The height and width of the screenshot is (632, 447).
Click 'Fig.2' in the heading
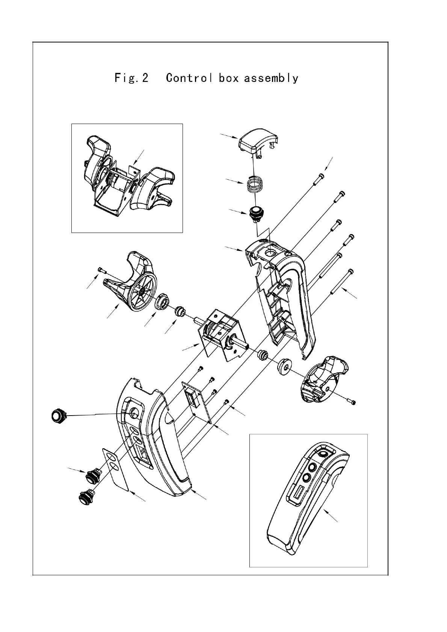131,78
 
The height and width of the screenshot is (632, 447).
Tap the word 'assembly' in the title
271,78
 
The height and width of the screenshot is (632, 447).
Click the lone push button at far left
57,416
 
